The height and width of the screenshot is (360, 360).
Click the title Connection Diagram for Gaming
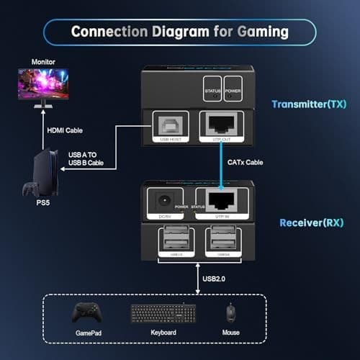pyautogui.click(x=179, y=32)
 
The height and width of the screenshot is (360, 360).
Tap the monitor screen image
pyautogui.click(x=44, y=84)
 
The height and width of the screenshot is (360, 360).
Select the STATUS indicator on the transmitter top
pyautogui.click(x=212, y=87)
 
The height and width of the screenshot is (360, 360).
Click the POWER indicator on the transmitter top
pyautogui.click(x=232, y=87)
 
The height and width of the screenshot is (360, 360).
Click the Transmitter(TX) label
pyautogui.click(x=307, y=104)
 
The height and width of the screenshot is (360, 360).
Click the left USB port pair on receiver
pyautogui.click(x=167, y=238)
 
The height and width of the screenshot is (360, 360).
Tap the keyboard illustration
pyautogui.click(x=162, y=313)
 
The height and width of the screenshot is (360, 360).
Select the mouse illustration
pyautogui.click(x=230, y=312)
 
